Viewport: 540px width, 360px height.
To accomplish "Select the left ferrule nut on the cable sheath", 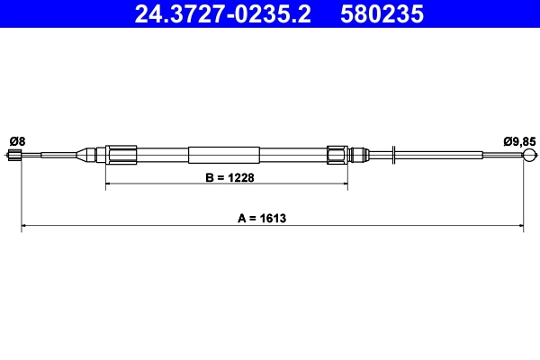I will coord(120,155).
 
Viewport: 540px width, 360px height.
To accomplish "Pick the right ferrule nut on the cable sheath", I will coord(337,155).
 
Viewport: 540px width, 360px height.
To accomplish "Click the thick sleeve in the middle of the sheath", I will coord(224,155).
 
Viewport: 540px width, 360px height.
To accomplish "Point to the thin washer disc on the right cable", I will coord(394,155).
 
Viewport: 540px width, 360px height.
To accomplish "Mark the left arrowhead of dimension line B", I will coord(111,185).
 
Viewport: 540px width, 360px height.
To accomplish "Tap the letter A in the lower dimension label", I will coord(241,218).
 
